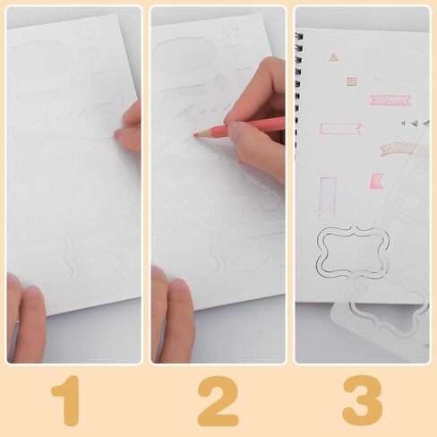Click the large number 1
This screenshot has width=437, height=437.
coord(66,400)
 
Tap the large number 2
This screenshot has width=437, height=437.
coord(218,401)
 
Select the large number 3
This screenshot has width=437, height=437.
coord(363,400)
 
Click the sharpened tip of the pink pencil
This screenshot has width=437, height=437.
coord(195,135)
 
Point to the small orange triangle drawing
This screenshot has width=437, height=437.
coord(333,57)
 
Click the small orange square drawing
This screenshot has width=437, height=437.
coord(352,81)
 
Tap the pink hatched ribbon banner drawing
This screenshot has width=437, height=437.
coord(390,100)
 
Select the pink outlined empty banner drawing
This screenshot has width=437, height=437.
coord(341,129)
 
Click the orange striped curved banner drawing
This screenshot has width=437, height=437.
coord(398,150)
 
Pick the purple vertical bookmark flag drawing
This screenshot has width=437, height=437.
coord(328,196)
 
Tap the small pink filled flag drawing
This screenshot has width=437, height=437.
coord(376,181)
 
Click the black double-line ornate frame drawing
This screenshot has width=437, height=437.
coord(319,253)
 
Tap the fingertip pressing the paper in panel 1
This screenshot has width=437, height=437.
coord(119,135)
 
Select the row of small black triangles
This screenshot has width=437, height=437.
coord(416,123)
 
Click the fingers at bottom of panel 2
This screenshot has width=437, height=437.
coord(173,316)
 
